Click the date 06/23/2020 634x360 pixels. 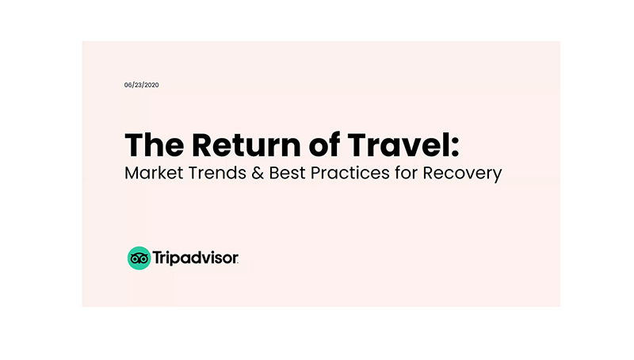point(142,85)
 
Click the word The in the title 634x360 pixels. point(155,145)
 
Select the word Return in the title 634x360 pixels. point(246,145)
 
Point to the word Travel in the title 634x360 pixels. point(398,145)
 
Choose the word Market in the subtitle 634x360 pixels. point(154,173)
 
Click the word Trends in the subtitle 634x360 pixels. point(217,173)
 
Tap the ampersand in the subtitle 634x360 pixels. point(258,173)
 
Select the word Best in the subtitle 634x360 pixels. point(287,173)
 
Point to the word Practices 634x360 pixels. point(350,173)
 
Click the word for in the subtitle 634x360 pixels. point(407,173)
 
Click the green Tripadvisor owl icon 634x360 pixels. point(139,258)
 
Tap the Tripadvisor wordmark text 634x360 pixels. point(195,258)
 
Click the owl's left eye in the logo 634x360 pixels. point(135,259)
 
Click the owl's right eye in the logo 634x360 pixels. point(143,259)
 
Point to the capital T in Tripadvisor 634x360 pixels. point(157,257)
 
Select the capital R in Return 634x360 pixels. point(201,145)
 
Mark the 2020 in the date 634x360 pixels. point(151,85)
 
